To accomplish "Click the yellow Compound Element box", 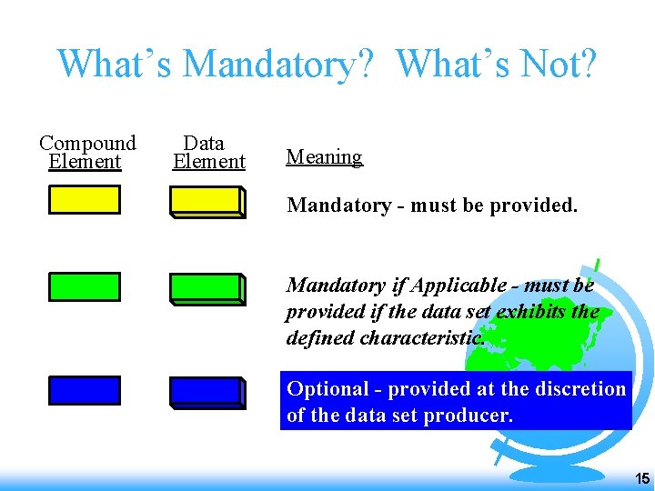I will click(84, 199).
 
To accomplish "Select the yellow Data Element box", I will click(207, 201).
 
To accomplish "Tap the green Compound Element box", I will click(84, 286).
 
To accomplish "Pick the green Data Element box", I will click(207, 288).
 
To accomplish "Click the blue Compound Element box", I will click(84, 390).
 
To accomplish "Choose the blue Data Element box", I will click(207, 392).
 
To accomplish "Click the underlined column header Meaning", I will click(324, 157).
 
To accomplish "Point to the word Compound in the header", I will click(87, 144).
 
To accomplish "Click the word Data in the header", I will click(204, 144).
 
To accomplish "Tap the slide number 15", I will click(641, 478).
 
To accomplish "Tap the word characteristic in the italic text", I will click(424, 338).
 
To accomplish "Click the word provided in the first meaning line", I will click(533, 205).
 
